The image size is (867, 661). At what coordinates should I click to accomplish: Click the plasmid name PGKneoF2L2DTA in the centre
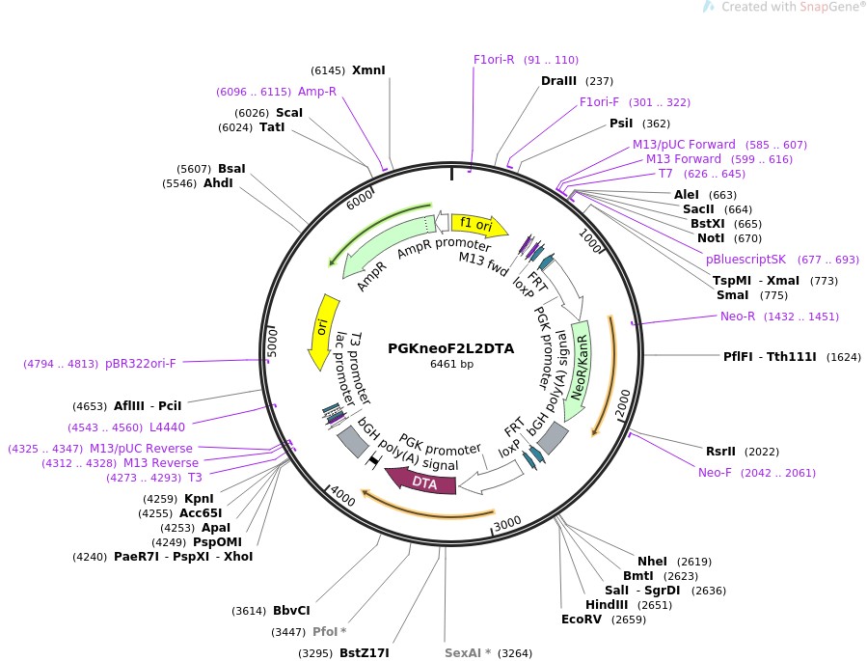(x=450, y=348)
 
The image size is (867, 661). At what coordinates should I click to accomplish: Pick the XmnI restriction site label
(x=368, y=70)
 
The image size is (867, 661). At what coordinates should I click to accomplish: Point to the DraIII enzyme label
(x=559, y=81)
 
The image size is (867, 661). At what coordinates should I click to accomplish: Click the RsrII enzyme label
(x=720, y=451)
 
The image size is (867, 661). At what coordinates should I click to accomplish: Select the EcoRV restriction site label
(x=582, y=620)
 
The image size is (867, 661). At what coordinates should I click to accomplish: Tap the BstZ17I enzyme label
(x=364, y=653)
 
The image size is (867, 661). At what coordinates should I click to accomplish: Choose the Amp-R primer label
(x=317, y=92)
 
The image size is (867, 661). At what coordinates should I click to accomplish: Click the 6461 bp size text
(x=451, y=365)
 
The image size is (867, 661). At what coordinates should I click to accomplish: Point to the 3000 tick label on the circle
(x=507, y=522)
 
